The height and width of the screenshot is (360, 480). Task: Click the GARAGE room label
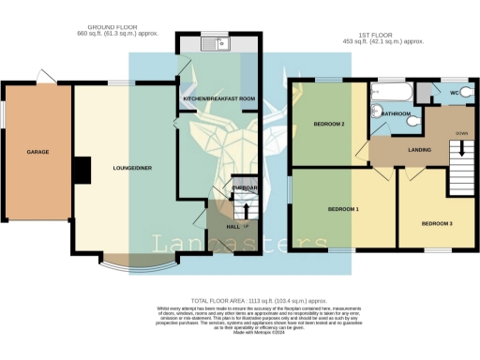(38, 151)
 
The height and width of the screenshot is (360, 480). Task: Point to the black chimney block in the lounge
(82, 170)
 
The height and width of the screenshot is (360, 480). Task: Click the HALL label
(233, 226)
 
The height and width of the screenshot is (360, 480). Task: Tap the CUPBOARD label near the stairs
(242, 188)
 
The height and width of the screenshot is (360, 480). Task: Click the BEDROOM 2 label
(328, 124)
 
